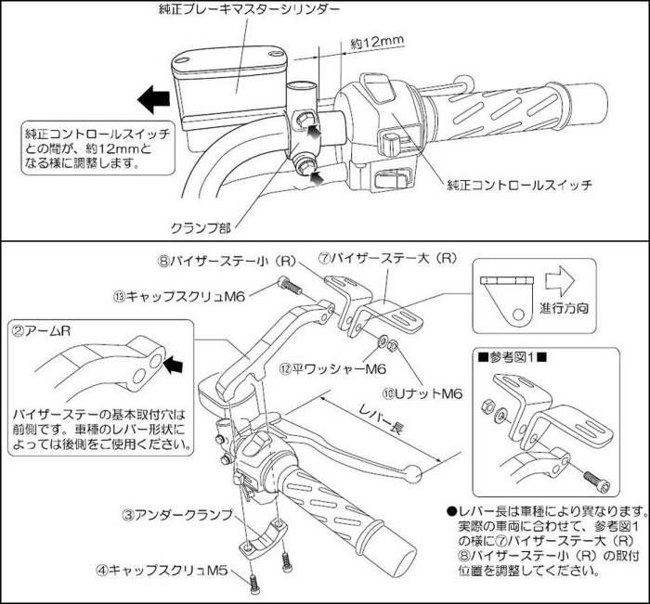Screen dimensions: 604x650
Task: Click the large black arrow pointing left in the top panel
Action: pos(150,96)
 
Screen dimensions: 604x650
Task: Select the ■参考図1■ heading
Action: pos(513,355)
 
